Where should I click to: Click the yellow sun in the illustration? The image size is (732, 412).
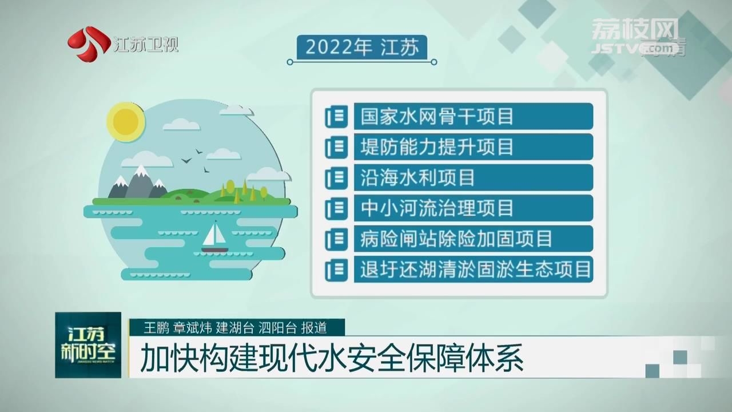pos(126,122)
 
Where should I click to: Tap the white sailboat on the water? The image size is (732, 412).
pos(214,237)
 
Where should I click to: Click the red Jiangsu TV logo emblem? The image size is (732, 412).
pos(88,43)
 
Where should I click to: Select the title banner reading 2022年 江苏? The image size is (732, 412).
pos(362,47)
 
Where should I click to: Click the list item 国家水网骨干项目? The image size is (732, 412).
pos(473,116)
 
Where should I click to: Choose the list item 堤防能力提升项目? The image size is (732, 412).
pos(473,147)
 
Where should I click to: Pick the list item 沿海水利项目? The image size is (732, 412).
pos(473,177)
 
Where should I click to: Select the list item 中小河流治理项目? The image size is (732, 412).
pos(473,208)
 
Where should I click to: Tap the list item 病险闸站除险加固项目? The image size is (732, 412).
pos(473,239)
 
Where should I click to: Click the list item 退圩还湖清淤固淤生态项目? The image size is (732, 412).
pos(473,269)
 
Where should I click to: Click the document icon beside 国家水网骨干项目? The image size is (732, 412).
pos(336,116)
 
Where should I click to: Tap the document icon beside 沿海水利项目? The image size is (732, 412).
pos(336,177)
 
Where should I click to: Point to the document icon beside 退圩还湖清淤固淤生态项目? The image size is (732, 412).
pos(336,270)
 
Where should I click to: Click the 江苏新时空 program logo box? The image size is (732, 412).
pos(88,345)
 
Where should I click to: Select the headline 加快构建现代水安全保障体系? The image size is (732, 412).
pos(331,358)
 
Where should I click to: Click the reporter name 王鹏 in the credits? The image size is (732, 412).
pos(156,328)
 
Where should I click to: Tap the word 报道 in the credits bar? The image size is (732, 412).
pos(314,328)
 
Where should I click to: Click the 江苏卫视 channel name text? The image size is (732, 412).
pos(146,45)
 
